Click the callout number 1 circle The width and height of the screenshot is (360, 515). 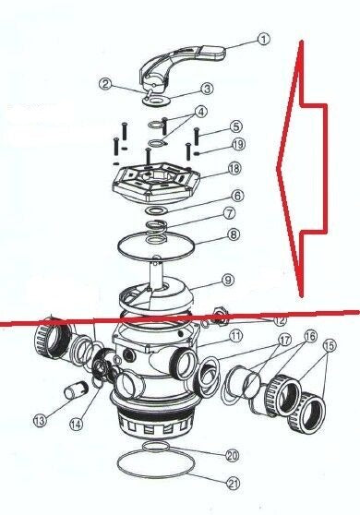tap(263, 39)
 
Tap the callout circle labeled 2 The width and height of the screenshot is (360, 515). tap(105, 83)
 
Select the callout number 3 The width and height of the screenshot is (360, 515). tap(207, 89)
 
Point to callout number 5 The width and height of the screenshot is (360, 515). tap(235, 126)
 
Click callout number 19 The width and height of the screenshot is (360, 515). tap(238, 144)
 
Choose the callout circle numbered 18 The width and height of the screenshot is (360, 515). tap(235, 169)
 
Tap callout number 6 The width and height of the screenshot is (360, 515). tap(237, 196)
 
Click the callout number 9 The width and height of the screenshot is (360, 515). tap(237, 281)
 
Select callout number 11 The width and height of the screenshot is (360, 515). tap(236, 336)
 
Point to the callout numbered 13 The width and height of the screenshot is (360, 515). tap(40, 421)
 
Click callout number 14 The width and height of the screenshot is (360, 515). tap(76, 425)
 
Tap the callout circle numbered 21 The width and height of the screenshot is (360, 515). tap(233, 483)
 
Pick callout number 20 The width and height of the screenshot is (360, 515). tap(232, 455)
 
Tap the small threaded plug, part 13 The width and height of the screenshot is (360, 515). tap(75, 389)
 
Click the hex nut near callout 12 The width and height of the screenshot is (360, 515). tap(220, 316)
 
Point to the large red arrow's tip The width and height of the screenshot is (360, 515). tap(278, 167)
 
